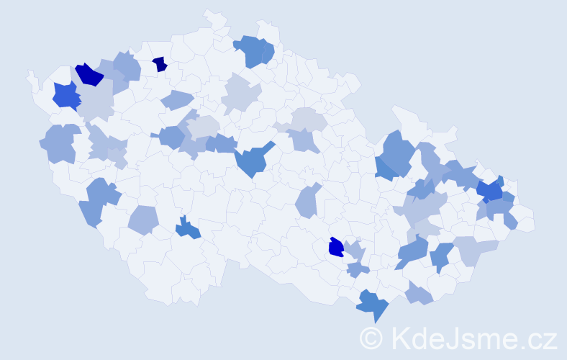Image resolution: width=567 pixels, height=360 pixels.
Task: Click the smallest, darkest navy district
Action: point(160,64)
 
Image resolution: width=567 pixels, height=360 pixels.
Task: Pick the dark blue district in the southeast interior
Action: point(336,248)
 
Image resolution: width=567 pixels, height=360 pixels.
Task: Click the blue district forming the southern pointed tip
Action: point(373,305)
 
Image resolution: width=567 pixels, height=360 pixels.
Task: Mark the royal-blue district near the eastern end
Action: point(490,190)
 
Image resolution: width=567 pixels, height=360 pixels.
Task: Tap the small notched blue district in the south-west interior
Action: point(188,229)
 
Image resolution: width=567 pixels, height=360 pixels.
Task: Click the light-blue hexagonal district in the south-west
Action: point(143,220)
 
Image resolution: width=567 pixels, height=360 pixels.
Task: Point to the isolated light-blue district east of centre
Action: point(307,201)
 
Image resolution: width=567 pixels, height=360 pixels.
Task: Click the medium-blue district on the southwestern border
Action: point(99,201)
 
